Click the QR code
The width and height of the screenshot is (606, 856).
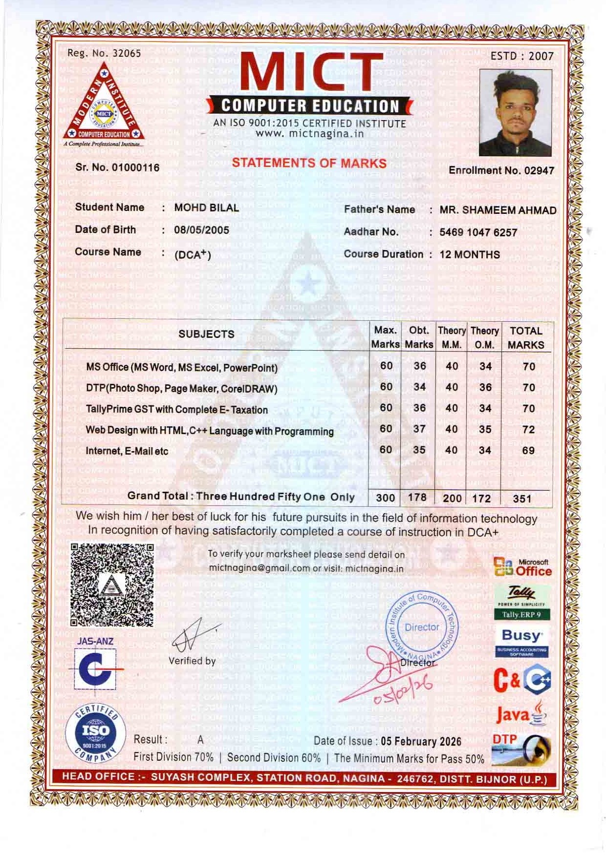click(x=112, y=585)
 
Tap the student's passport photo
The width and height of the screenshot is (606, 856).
click(x=516, y=113)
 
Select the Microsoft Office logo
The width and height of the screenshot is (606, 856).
click(x=523, y=568)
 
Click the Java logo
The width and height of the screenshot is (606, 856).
click(x=521, y=714)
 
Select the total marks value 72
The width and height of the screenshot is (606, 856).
click(x=528, y=430)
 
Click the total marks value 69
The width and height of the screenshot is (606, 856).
click(x=528, y=451)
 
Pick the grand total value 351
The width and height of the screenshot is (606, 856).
click(x=522, y=499)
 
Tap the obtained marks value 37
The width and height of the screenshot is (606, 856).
click(x=419, y=429)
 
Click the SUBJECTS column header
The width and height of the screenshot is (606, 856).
click(x=206, y=334)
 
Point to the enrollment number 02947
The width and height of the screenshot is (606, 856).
click(x=539, y=170)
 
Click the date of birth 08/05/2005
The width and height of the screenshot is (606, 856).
click(x=201, y=230)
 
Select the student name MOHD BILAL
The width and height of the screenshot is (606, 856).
click(x=207, y=208)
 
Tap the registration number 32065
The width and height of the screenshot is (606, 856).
click(x=127, y=53)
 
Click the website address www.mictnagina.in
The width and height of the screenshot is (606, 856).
click(x=309, y=133)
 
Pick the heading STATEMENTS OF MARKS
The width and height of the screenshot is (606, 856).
click(x=309, y=163)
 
